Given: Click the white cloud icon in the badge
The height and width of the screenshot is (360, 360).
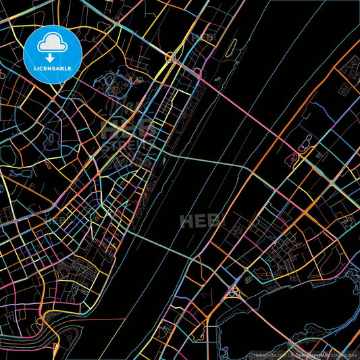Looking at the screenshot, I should coord(52,44).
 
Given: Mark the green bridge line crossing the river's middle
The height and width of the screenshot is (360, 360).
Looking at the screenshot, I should coord(203,161).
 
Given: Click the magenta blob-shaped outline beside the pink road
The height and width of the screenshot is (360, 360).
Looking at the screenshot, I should coord(305,143).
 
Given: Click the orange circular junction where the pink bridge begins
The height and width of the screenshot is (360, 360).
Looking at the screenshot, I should coord(197,70).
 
